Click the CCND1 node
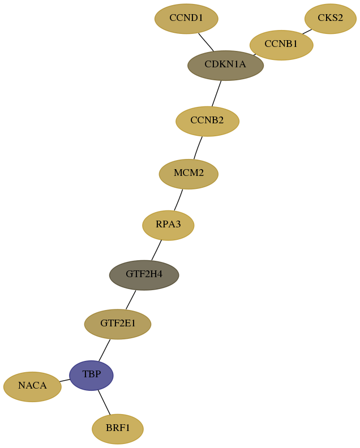[x=186, y=19]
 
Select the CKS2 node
[x=330, y=19]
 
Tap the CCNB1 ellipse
[x=281, y=45]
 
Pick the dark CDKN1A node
[x=225, y=66]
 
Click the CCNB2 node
[x=207, y=121]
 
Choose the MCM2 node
[x=188, y=174]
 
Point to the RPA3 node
[x=168, y=226]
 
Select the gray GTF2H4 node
[x=144, y=275]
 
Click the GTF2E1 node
[x=118, y=324]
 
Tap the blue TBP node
[x=91, y=376]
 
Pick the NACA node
[x=32, y=387]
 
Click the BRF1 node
[x=118, y=429]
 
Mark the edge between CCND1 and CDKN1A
[x=206, y=42]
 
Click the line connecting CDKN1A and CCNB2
[x=216, y=94]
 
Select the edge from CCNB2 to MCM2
[x=198, y=148]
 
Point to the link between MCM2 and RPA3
[x=178, y=200]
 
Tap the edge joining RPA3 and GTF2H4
[x=156, y=250]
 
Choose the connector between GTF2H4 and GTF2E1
[x=131, y=300]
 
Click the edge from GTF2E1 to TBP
[x=104, y=350]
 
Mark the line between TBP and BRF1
[x=104, y=402]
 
